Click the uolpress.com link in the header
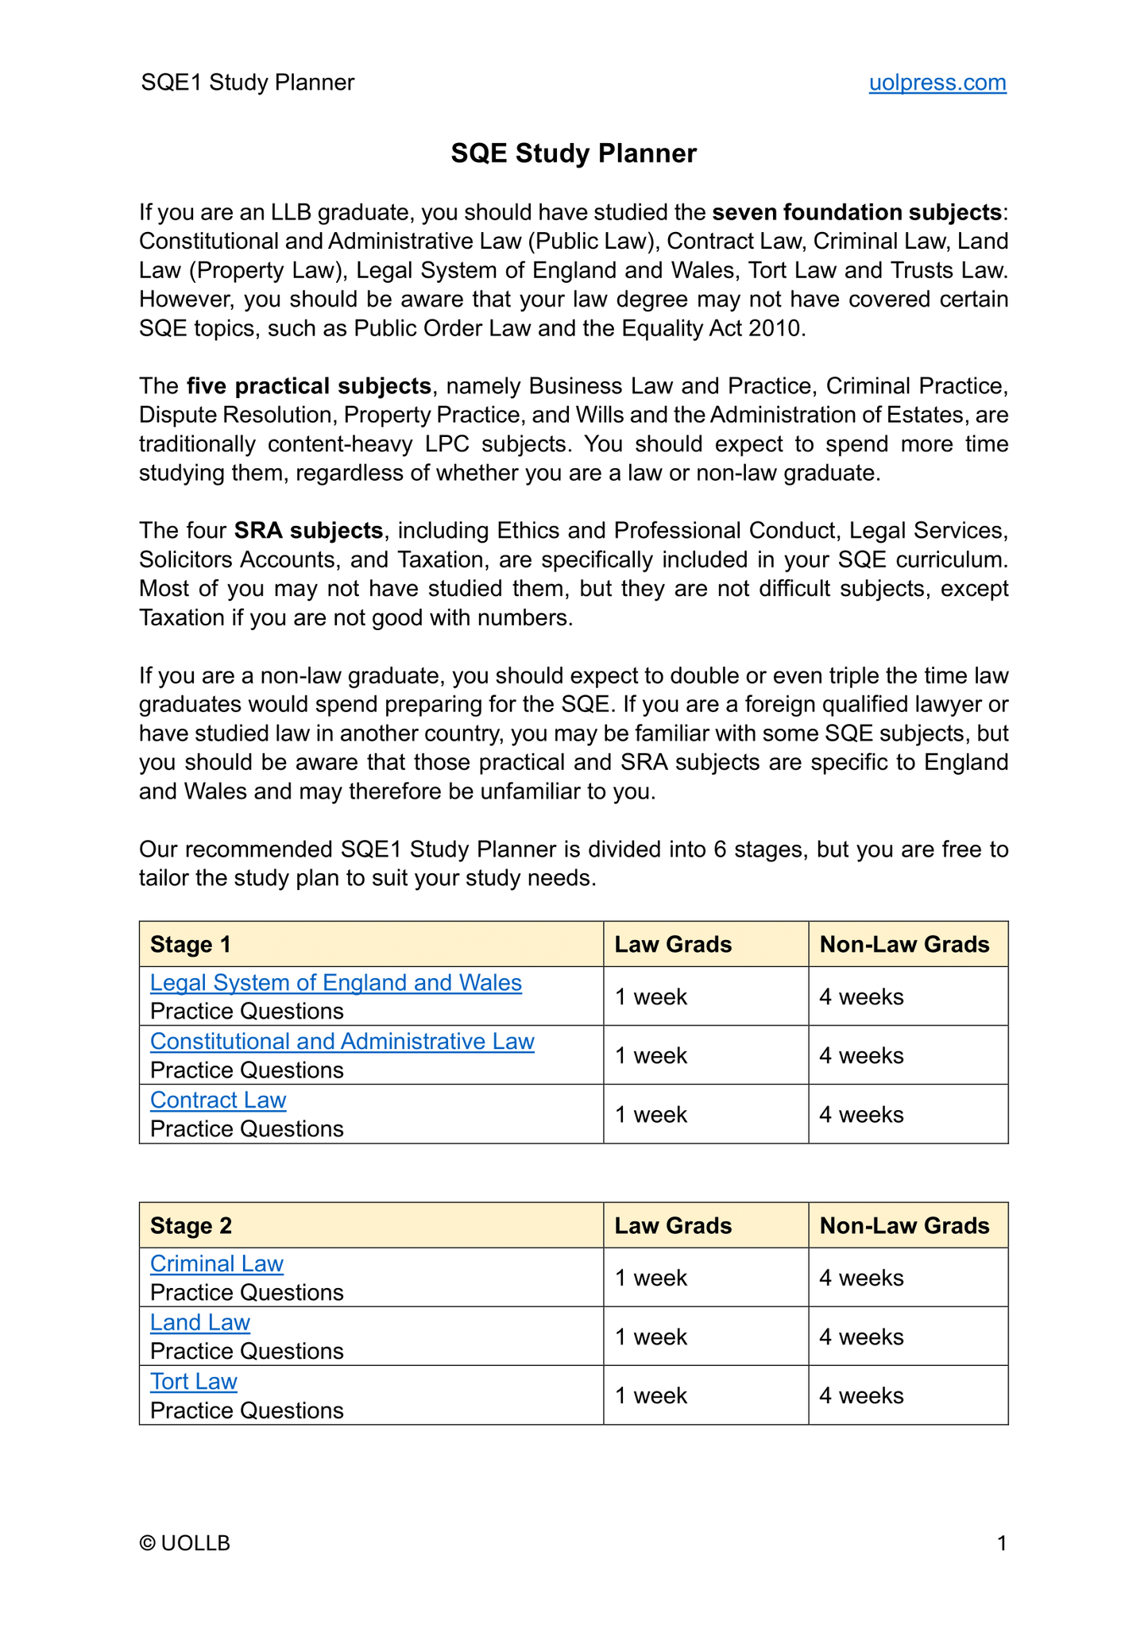(937, 83)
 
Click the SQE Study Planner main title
(573, 153)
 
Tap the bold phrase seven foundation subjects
(856, 212)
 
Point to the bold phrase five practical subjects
(309, 386)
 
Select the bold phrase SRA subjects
(308, 530)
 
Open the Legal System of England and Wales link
(335, 983)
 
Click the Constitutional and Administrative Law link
(342, 1041)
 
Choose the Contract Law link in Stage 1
(218, 1100)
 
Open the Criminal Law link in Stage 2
(216, 1263)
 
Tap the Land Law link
(199, 1322)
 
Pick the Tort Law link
(193, 1381)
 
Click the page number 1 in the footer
(1002, 1543)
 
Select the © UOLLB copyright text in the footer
(184, 1543)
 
